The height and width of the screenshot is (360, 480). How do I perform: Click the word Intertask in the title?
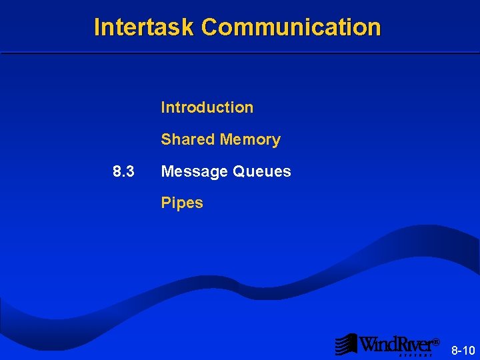coord(145,27)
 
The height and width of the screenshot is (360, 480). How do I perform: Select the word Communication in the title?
coord(291,27)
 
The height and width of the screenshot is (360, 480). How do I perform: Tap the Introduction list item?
coord(207,107)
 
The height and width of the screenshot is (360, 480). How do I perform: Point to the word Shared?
coord(187,139)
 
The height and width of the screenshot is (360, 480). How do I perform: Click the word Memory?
coord(250,140)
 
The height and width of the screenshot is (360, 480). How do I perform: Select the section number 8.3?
coord(123,171)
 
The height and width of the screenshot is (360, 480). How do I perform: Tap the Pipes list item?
coord(181,203)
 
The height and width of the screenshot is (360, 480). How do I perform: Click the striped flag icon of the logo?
coord(346,344)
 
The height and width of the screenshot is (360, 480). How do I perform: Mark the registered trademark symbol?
coord(436,342)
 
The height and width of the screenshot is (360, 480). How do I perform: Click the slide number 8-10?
coord(463,350)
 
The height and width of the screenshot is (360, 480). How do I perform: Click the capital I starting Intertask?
coord(97,27)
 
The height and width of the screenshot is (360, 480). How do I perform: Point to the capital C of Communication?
coord(209,27)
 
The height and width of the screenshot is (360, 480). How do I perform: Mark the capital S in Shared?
coord(166,139)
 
